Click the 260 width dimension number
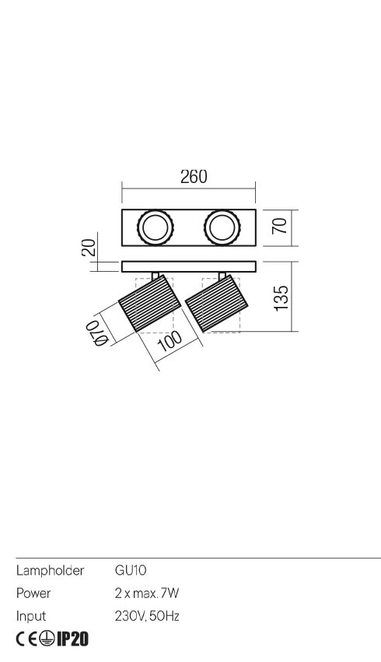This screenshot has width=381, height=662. (194, 177)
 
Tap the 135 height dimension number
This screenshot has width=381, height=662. (282, 298)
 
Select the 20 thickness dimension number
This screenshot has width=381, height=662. (89, 248)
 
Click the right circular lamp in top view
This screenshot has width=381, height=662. (222, 228)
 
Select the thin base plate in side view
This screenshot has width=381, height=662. (189, 266)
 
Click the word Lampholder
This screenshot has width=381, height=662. (50, 571)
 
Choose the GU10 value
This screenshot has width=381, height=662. (125, 571)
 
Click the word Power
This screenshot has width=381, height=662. (33, 593)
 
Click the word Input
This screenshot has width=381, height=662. (31, 616)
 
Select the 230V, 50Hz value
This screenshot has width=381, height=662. (147, 616)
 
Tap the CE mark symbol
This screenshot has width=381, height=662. (27, 639)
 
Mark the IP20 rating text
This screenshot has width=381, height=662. (73, 639)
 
